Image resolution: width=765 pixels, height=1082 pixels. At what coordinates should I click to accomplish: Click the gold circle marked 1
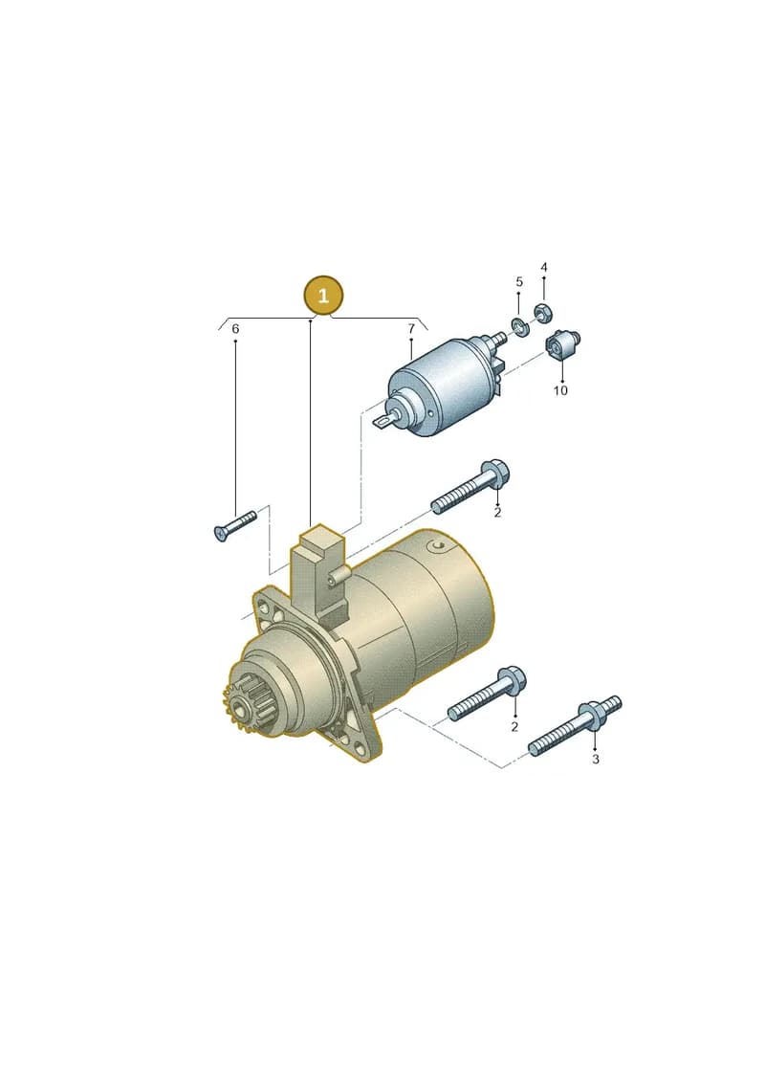[x=323, y=296]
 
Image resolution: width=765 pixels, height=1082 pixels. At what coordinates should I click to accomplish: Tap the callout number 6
[x=235, y=329]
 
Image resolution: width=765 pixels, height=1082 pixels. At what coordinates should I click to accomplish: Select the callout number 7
[x=411, y=329]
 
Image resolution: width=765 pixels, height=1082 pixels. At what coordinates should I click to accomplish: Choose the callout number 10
[x=560, y=390]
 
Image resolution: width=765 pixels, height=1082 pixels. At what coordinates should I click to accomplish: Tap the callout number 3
[x=596, y=759]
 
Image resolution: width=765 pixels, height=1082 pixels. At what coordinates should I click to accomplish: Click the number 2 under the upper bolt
[x=496, y=513]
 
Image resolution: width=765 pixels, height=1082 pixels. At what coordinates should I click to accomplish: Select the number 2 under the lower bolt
[x=514, y=727]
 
